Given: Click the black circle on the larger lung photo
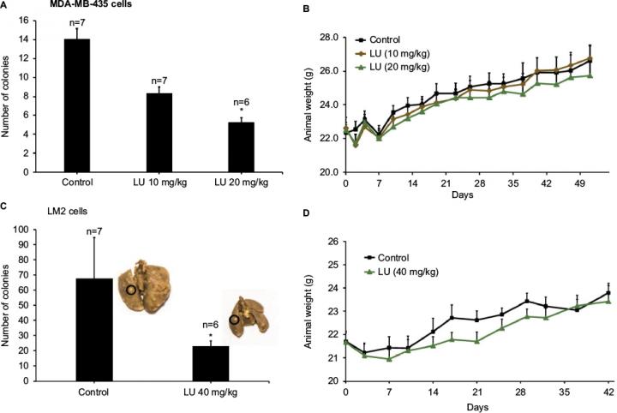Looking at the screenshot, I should pos(131,290).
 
